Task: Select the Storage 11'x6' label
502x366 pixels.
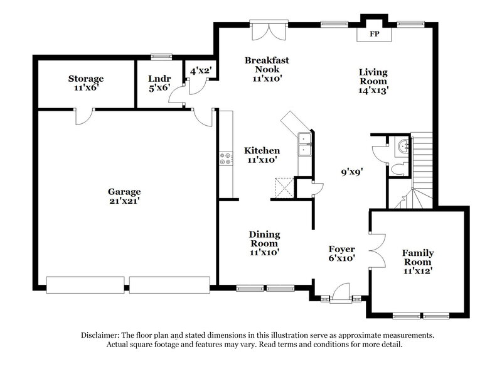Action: pos(86,83)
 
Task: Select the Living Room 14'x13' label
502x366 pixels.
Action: pos(373,80)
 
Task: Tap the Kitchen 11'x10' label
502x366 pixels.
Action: pos(262,155)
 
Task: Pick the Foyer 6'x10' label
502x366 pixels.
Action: pos(342,252)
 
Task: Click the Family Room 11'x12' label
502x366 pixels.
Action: pos(417,261)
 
